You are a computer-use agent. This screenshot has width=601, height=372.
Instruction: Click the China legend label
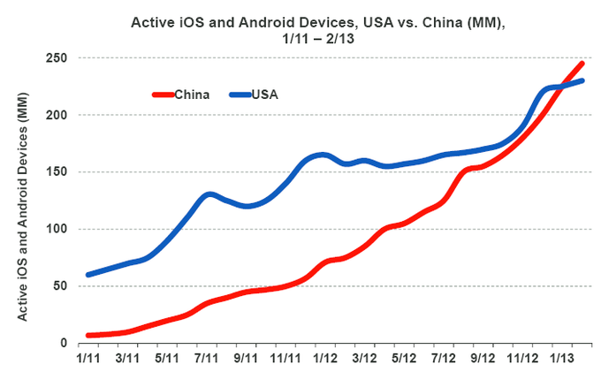192,95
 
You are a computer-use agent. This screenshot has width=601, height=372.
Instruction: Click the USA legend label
265,95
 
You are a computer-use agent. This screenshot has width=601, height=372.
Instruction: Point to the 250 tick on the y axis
59,58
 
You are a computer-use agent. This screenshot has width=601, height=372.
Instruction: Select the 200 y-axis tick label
59,115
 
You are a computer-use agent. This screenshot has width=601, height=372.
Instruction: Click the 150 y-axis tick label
59,172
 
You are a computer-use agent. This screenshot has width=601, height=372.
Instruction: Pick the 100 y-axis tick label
59,229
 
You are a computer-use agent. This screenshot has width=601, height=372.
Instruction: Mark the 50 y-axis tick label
63,286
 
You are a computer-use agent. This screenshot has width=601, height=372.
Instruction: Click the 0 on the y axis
66,343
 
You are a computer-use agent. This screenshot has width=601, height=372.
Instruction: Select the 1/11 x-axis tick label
88,359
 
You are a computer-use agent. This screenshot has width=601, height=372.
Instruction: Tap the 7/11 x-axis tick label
207,359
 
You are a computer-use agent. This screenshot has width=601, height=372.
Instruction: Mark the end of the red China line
582,64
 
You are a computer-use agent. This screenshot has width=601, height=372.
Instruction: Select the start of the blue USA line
88,275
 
